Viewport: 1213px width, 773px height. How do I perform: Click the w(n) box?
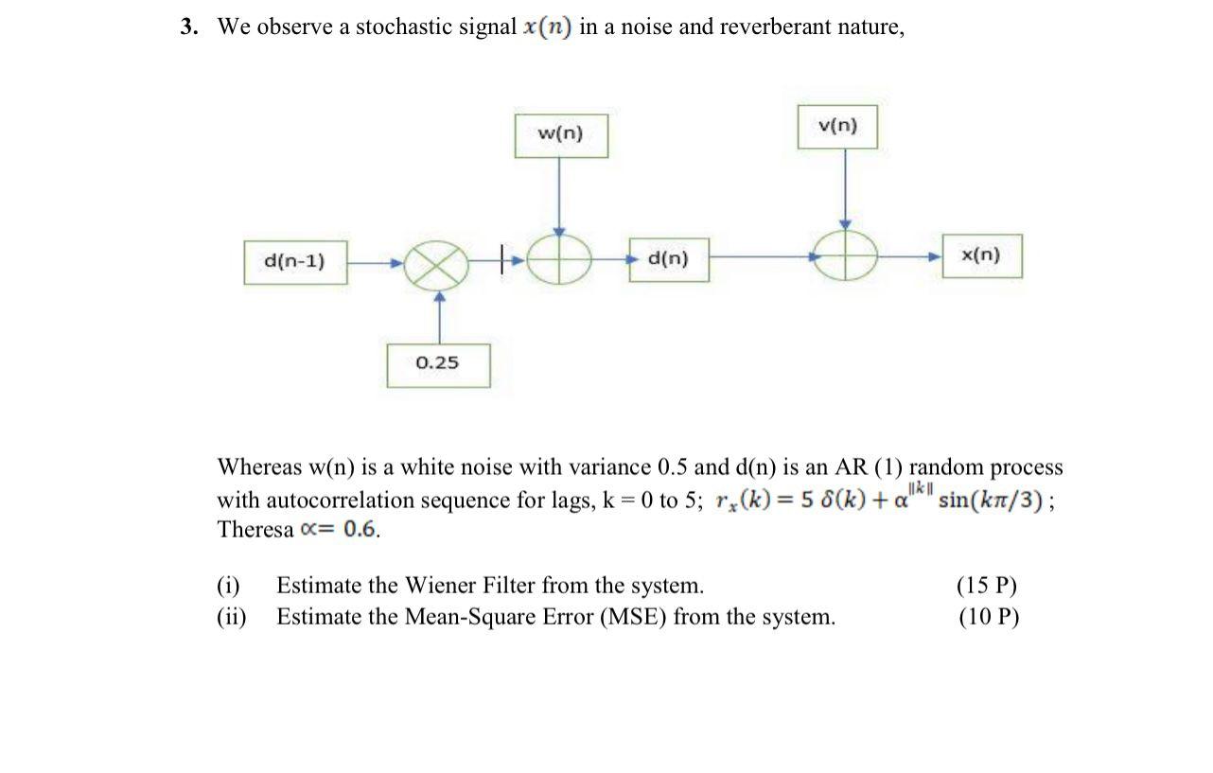coord(561,135)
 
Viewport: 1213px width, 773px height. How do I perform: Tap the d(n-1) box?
coord(294,261)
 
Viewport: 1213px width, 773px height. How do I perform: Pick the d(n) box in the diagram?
coord(669,258)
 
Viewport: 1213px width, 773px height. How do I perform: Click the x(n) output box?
coord(981,255)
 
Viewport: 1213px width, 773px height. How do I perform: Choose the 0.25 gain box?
coord(437,363)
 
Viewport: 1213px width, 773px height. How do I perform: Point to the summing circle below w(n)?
coord(559,257)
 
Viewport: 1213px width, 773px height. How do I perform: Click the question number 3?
coord(189,27)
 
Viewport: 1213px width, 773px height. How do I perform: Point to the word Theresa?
coord(255,530)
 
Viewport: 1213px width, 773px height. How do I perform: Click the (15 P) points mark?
coord(988,586)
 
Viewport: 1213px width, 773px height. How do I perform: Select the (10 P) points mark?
coord(988,618)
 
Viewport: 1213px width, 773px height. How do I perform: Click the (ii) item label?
coord(231,618)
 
